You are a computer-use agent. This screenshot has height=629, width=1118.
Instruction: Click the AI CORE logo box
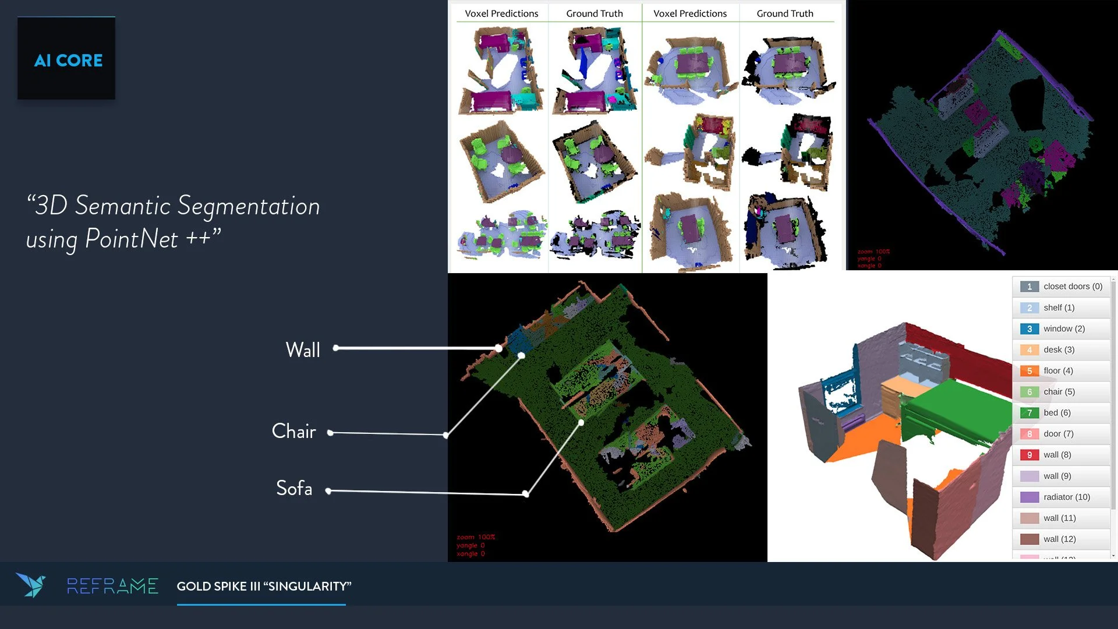click(66, 58)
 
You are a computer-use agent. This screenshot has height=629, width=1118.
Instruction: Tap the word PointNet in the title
click(132, 239)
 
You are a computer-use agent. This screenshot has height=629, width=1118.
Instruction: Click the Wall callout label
click(303, 350)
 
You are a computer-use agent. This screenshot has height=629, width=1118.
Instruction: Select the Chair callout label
click(293, 432)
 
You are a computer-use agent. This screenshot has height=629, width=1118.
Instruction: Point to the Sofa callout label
click(294, 489)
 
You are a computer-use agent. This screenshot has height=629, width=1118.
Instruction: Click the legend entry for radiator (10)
click(1066, 497)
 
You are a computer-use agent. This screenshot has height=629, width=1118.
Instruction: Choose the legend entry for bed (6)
click(1057, 413)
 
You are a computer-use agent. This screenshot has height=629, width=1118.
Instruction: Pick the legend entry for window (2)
click(1064, 328)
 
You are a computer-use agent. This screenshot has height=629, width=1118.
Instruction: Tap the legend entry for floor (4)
click(1058, 371)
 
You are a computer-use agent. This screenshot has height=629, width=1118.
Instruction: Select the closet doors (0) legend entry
click(1072, 287)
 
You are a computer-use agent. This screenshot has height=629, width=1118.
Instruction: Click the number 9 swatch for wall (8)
click(1029, 455)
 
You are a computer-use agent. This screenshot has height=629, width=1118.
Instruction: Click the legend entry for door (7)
click(1058, 434)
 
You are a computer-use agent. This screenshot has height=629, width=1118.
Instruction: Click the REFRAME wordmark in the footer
click(112, 586)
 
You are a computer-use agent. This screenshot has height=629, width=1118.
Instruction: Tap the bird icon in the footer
click(31, 585)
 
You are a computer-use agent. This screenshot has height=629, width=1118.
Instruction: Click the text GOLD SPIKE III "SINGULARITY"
click(264, 586)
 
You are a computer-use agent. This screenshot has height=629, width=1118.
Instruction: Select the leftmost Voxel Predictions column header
click(501, 13)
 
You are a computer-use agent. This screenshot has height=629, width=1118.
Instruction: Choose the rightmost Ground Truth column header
click(784, 13)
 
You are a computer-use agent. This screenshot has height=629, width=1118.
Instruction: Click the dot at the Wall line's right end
click(499, 348)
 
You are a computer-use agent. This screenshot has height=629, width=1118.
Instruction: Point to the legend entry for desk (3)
click(1059, 349)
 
